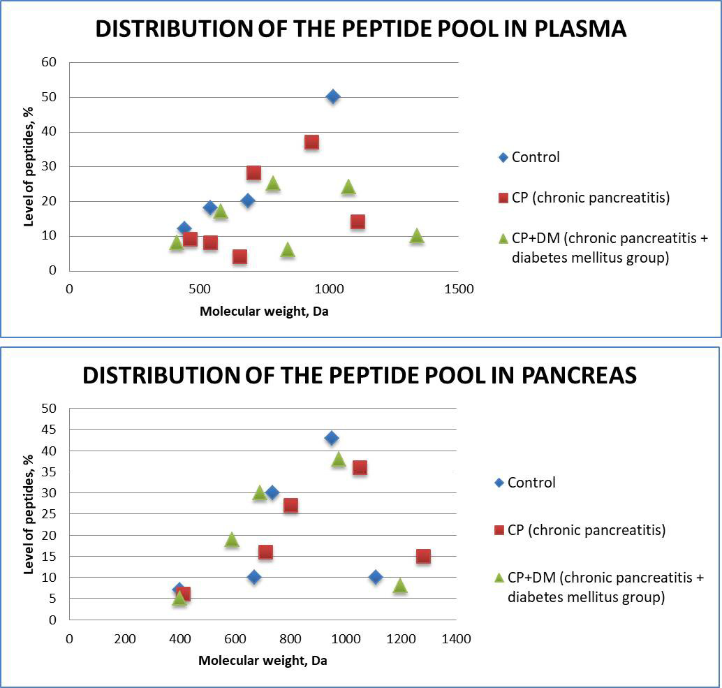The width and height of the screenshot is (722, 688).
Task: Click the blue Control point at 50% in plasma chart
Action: pyautogui.click(x=333, y=96)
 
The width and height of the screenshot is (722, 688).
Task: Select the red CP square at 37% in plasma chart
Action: pyautogui.click(x=311, y=142)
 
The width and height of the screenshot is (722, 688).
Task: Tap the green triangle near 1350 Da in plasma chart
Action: pyautogui.click(x=417, y=235)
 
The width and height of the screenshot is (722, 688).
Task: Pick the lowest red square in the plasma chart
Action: pyautogui.click(x=240, y=256)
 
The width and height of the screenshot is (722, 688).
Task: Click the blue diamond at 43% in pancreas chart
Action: pyautogui.click(x=332, y=438)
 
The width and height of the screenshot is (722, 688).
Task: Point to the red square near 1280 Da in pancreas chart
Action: pyautogui.click(x=423, y=556)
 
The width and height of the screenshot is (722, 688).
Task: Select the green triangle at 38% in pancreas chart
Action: pyautogui.click(x=339, y=459)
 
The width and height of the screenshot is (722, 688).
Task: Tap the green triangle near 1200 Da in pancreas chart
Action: pyautogui.click(x=400, y=585)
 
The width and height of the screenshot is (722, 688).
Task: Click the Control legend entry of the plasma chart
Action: pyautogui.click(x=535, y=157)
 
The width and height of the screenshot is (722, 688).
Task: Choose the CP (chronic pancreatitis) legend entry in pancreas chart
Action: pyautogui.click(x=586, y=530)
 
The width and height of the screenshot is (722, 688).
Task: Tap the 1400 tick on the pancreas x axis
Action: pyautogui.click(x=456, y=638)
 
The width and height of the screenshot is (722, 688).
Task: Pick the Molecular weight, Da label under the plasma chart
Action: pyautogui.click(x=264, y=312)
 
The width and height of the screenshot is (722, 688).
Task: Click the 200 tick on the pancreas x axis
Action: pyautogui.click(x=124, y=638)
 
